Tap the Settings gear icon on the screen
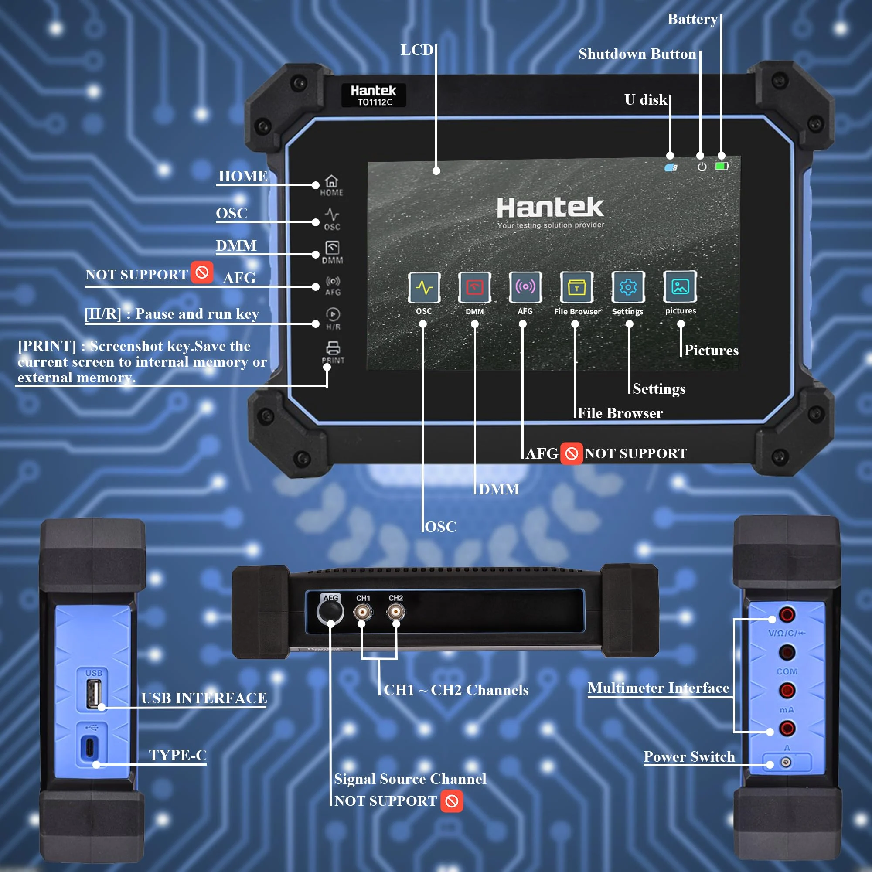click(x=628, y=287)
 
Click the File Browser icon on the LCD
click(x=576, y=287)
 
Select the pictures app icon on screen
click(x=680, y=286)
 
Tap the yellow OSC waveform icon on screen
click(x=424, y=287)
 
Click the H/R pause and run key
click(x=333, y=318)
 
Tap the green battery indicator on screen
click(x=722, y=166)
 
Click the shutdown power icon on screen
click(x=702, y=167)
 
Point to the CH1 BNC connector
click(x=362, y=612)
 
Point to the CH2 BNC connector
click(x=396, y=612)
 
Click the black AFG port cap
click(x=330, y=612)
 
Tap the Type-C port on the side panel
click(x=89, y=747)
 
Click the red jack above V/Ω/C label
click(x=787, y=614)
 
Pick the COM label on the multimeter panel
click(x=787, y=671)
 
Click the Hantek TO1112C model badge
click(x=373, y=95)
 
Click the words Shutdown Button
click(x=637, y=54)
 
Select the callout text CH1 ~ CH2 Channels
click(x=456, y=690)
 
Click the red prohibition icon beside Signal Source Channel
click(x=452, y=801)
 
